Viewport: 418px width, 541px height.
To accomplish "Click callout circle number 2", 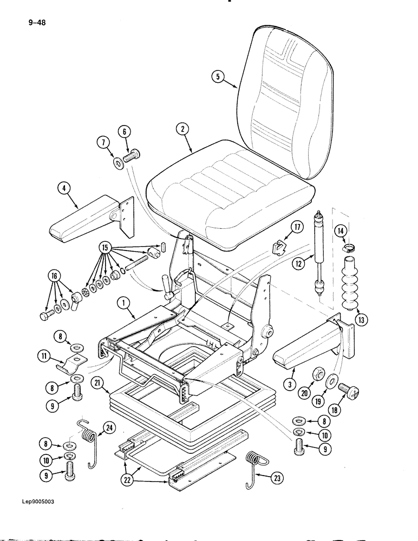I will (x=182, y=129).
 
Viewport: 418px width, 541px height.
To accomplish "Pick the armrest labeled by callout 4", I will (x=87, y=222).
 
